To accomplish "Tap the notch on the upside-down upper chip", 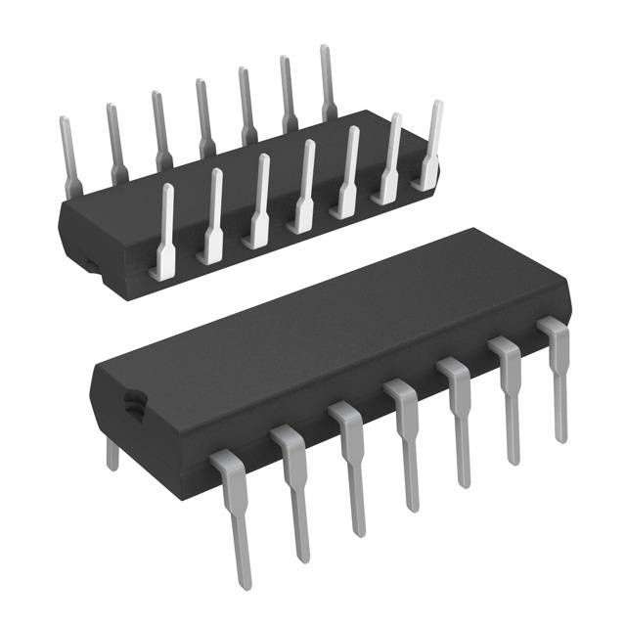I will [x=87, y=263].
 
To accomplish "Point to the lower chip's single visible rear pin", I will [x=112, y=452].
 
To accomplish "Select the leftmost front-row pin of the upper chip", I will [x=164, y=230].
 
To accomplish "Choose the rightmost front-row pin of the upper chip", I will [x=430, y=147].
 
